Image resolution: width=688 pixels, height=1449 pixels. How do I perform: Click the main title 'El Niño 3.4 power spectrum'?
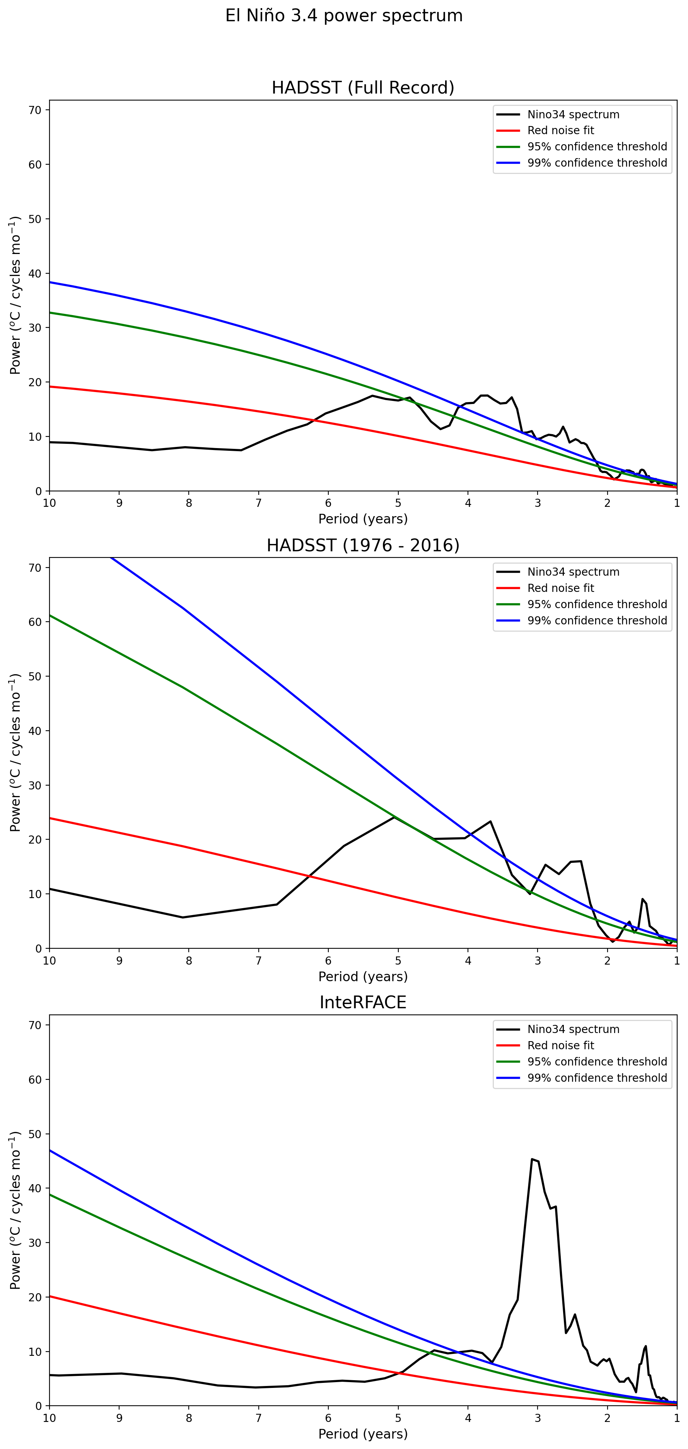(x=344, y=16)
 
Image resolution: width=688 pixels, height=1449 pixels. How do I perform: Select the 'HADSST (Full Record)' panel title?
(x=363, y=88)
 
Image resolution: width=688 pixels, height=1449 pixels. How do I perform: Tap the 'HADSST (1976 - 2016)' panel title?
(x=363, y=545)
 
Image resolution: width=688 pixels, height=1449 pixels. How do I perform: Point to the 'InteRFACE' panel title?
(x=363, y=1002)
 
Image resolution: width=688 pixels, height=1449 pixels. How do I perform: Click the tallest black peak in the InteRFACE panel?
(x=532, y=1159)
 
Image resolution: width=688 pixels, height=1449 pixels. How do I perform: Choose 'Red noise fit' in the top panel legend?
(x=560, y=131)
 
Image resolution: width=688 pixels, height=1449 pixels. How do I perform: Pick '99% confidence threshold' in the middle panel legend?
(x=597, y=621)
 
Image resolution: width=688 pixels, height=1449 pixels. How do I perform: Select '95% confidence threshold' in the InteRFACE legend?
(x=597, y=1062)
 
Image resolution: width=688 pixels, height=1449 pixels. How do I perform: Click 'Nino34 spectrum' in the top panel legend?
(x=573, y=115)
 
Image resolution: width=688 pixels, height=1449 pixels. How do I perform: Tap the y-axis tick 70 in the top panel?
(x=35, y=110)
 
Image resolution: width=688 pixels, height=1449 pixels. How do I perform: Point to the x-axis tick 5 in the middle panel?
(x=398, y=960)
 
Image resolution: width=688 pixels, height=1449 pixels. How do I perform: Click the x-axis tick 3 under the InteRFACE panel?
(x=538, y=1418)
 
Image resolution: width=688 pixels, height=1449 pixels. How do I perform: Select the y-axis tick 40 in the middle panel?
(x=35, y=731)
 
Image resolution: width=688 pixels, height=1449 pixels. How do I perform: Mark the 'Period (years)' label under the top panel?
(x=363, y=518)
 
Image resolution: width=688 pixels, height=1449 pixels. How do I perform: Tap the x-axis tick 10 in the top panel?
(x=50, y=503)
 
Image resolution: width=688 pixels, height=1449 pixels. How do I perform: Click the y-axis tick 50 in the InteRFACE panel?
(x=35, y=1134)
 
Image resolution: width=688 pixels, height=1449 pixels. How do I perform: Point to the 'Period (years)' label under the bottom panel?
(x=363, y=1434)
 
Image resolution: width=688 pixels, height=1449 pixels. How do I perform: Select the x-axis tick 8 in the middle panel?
(x=189, y=960)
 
